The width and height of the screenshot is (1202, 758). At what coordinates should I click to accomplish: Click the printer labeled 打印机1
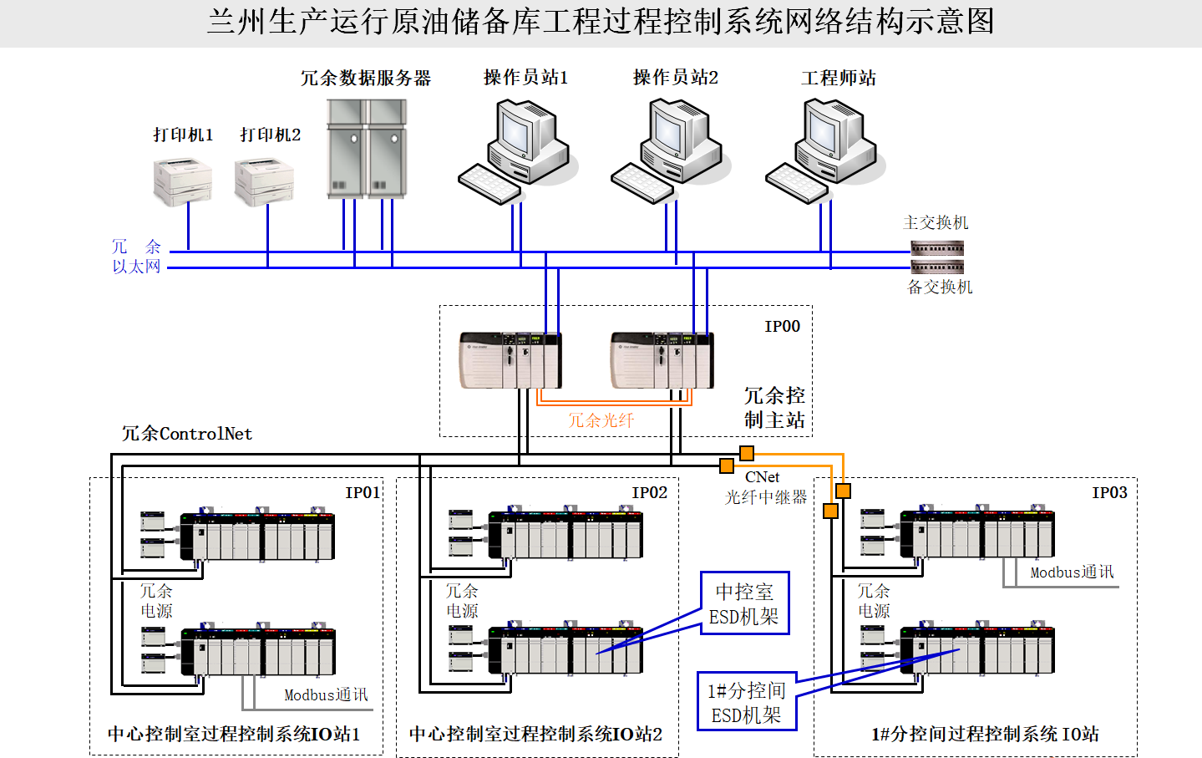coord(182,182)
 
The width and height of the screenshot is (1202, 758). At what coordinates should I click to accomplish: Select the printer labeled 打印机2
coord(264,182)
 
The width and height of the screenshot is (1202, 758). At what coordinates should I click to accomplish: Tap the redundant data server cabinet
coord(367,149)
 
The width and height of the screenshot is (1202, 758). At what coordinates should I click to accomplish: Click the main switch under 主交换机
coord(937,248)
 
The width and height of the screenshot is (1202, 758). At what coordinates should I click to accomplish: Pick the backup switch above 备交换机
coord(937,267)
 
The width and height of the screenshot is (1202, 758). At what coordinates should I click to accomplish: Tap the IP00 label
coord(782,327)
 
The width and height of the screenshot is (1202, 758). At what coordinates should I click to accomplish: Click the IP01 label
coord(363,493)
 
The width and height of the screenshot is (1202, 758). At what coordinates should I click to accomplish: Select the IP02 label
coord(649,493)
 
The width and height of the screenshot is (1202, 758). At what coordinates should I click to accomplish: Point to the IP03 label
coord(1109,493)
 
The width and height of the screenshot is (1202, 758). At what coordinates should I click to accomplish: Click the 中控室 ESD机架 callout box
coord(745,603)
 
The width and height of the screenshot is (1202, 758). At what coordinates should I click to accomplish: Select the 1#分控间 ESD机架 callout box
coord(747,701)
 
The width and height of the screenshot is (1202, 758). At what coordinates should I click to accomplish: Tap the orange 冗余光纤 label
coord(601,420)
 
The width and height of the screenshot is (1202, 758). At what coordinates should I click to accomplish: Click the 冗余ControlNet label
coord(187,433)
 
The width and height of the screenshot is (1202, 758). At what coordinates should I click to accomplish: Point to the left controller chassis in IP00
coord(510,359)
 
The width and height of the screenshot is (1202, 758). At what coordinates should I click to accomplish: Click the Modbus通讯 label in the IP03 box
coord(1072,572)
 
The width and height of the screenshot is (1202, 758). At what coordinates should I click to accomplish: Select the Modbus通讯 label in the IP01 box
coord(326,695)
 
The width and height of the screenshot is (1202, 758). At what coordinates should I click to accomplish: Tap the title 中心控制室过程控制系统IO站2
coord(535,734)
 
